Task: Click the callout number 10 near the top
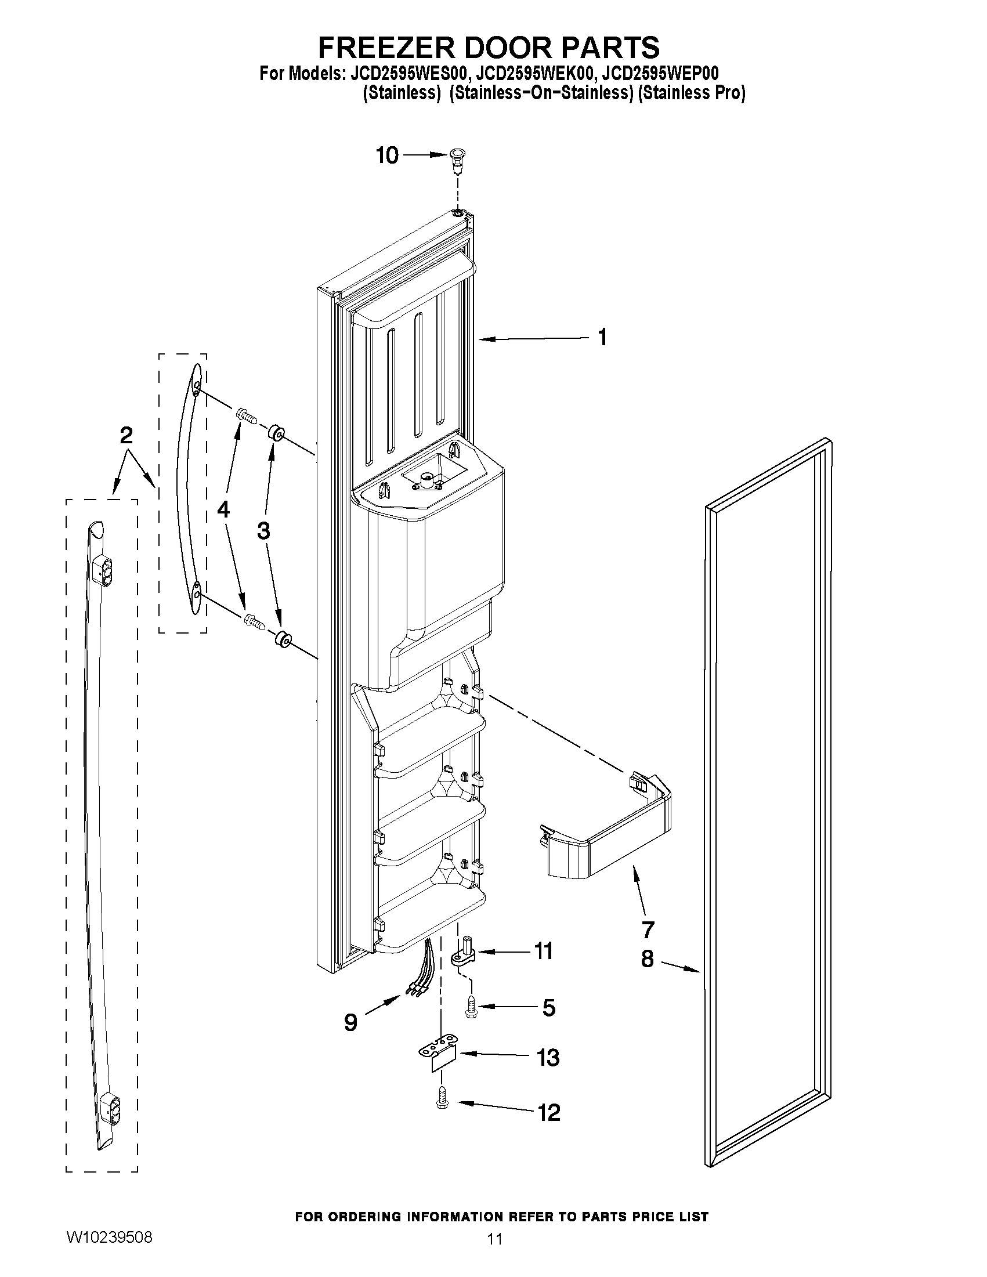[387, 155]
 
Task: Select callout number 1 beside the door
[602, 337]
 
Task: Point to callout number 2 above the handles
[126, 435]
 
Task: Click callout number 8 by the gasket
[648, 958]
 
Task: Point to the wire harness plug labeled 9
[416, 990]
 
